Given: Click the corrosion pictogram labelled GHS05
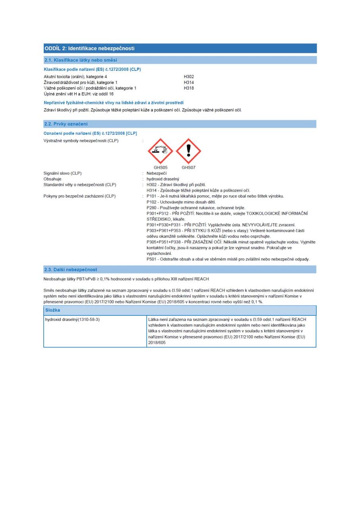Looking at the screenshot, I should pos(161,151).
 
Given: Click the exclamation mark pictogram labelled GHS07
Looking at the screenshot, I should pos(188,151).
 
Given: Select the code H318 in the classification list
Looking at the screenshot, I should pos(189,88).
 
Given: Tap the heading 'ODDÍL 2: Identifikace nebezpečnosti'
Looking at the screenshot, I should pos(89,49).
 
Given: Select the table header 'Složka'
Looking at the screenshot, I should pos(53,310).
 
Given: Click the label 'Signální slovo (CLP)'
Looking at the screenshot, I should pos(65,173).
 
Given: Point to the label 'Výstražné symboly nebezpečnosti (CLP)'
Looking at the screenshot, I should pos(81,140).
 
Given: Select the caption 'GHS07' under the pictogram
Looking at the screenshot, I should pos(188,167).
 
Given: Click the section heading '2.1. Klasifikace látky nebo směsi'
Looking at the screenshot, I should pos(80,60).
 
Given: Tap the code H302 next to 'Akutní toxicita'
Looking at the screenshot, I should pos(189,76).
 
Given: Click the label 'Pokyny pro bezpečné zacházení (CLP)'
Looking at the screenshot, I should pos(79,196).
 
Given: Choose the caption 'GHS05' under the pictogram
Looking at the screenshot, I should pos(161,167).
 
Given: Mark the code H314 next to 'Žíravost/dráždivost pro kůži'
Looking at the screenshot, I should pos(189,82).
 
